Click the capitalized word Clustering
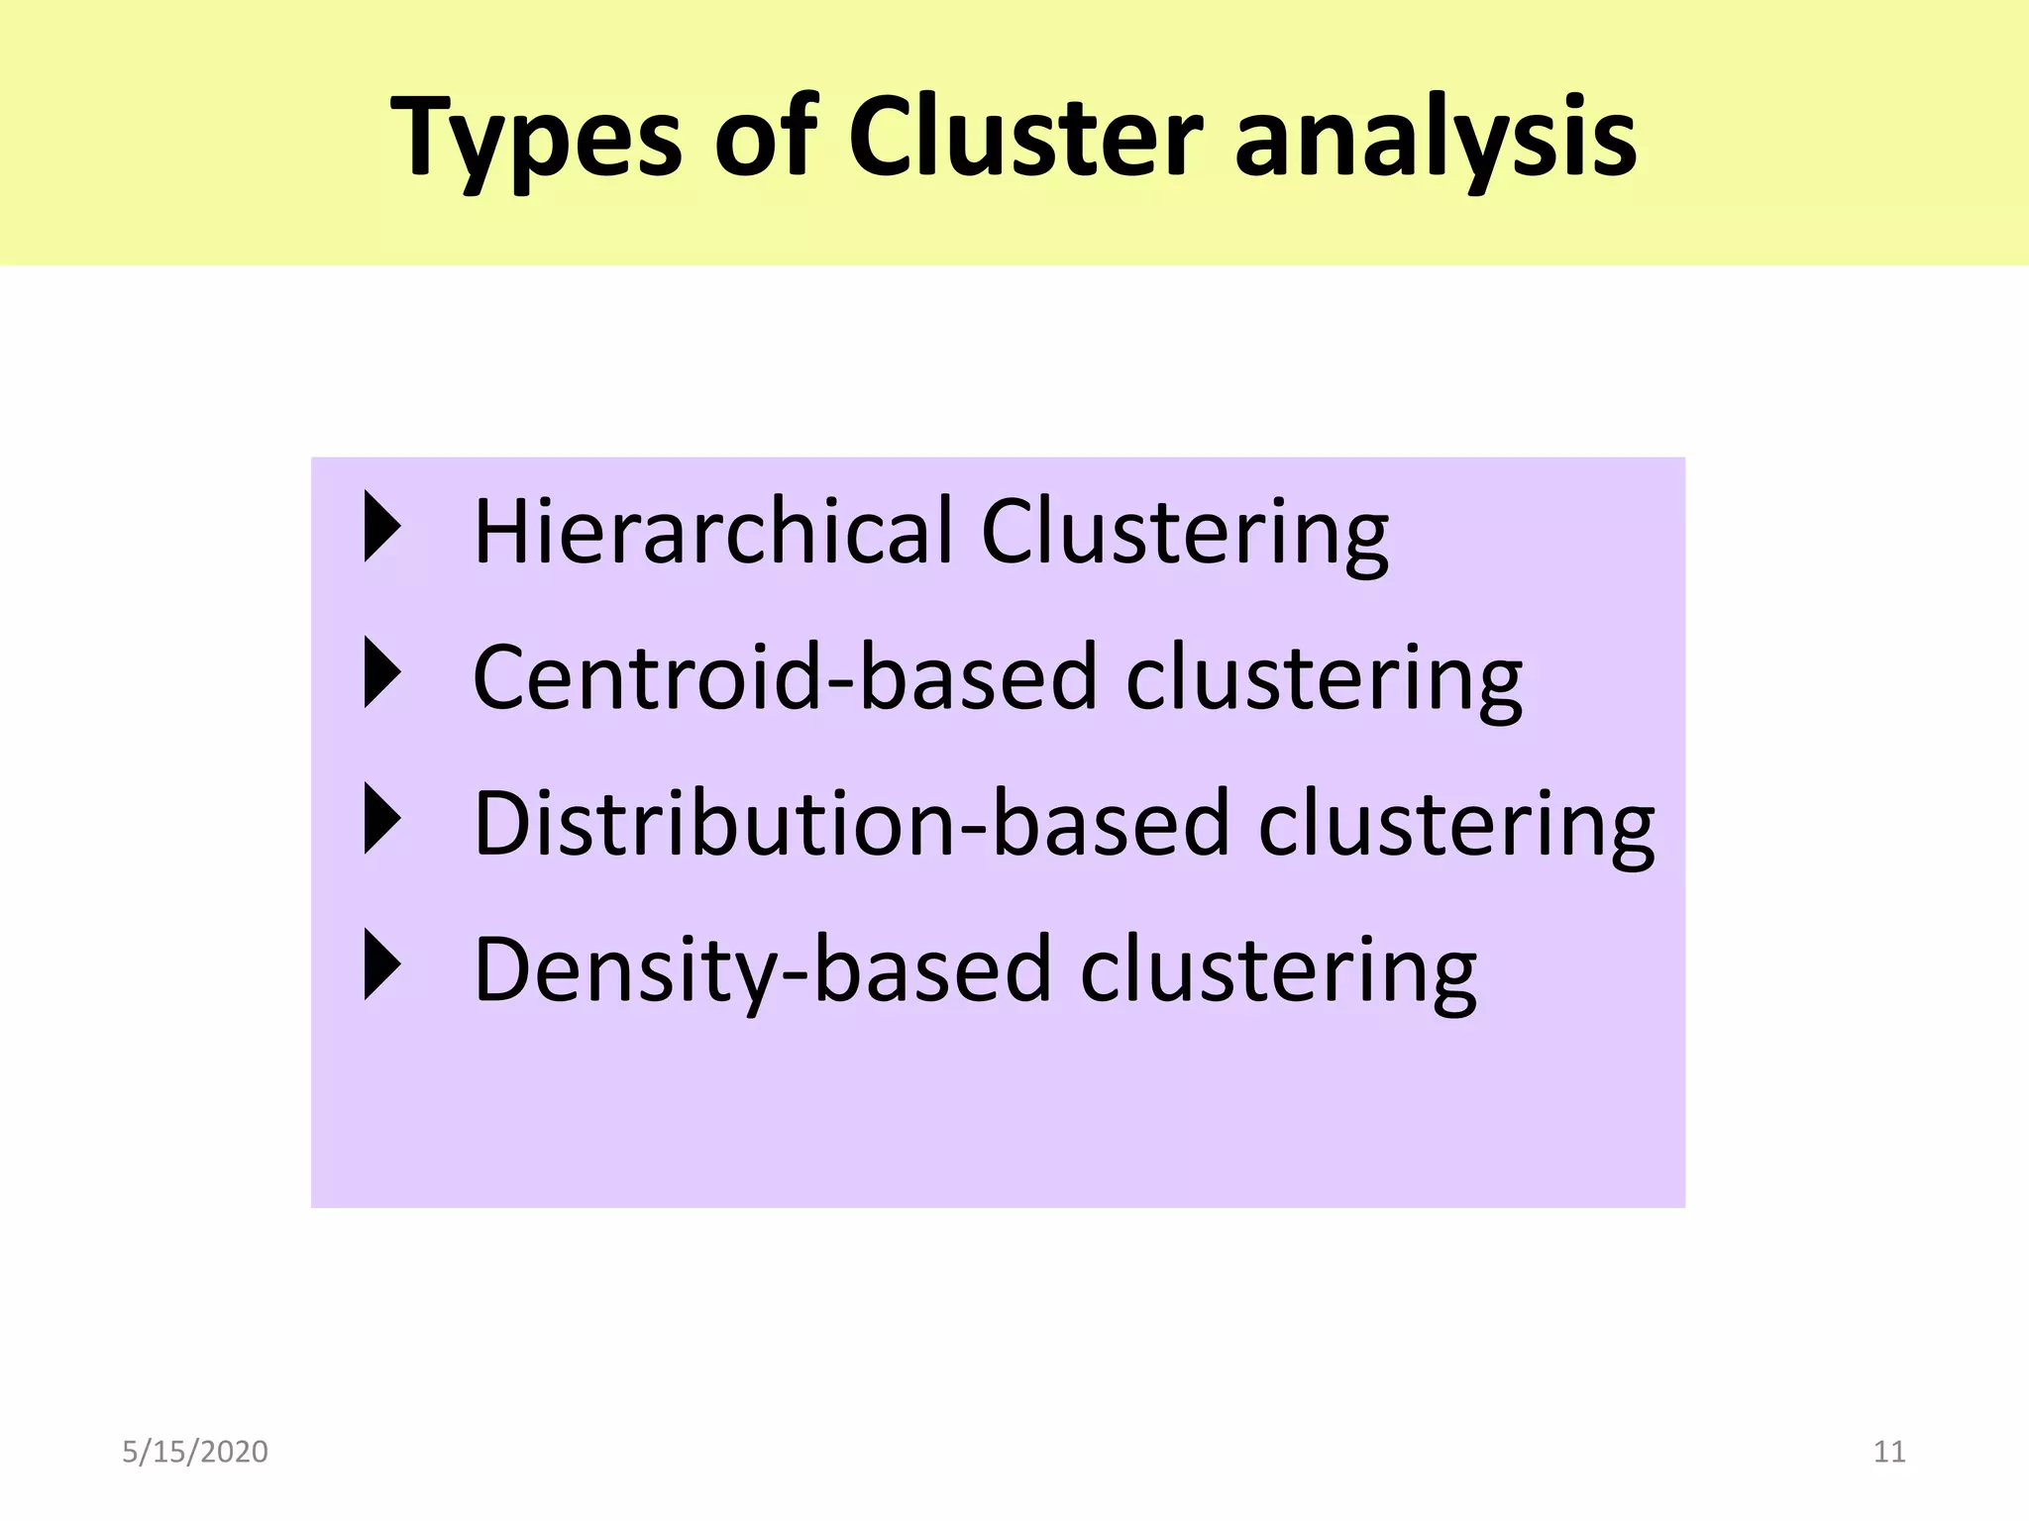[x=1185, y=534]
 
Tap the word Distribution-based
[x=851, y=823]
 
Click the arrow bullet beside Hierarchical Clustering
[x=382, y=527]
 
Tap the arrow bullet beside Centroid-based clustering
[x=382, y=672]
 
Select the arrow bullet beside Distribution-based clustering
[x=382, y=819]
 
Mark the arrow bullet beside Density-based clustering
[x=382, y=964]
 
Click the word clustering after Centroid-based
[x=1324, y=679]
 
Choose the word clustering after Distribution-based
[x=1456, y=825]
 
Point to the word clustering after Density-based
[x=1278, y=971]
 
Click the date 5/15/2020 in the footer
[x=195, y=1452]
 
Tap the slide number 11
[x=1889, y=1452]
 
